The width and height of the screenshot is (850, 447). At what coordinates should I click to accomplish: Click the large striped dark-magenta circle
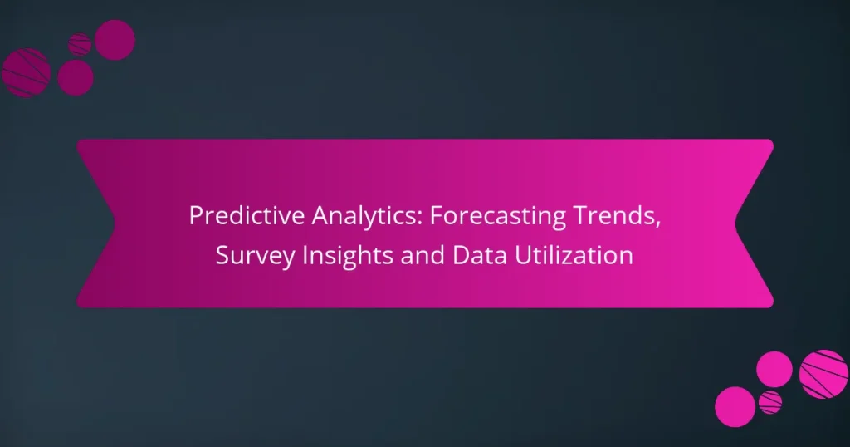[x=27, y=72]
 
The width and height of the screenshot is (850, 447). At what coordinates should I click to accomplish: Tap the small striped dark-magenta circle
[x=80, y=44]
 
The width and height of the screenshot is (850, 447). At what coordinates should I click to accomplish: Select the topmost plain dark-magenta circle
[x=115, y=39]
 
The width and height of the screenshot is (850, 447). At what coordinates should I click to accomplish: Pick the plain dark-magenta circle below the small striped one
[x=76, y=77]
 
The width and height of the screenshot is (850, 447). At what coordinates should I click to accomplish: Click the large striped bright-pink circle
[x=823, y=374]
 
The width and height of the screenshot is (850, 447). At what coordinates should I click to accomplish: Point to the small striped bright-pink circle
[x=770, y=402]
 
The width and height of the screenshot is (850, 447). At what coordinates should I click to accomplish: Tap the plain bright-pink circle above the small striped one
[x=774, y=368]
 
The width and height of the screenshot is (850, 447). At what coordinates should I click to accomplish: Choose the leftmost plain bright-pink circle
[x=735, y=407]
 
